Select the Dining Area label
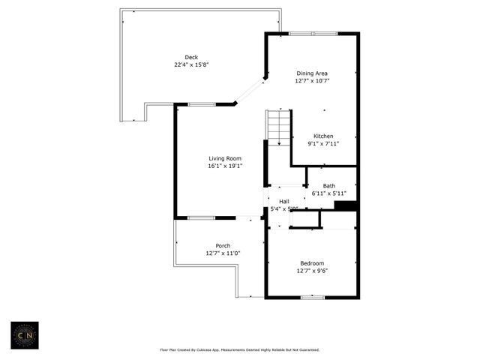click(312, 73)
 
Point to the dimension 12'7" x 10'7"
click(312, 80)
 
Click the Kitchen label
click(323, 136)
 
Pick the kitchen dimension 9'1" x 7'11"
click(323, 143)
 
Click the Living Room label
click(225, 158)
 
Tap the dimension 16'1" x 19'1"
click(225, 166)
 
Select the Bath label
click(329, 185)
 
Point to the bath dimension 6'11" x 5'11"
click(329, 193)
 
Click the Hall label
click(284, 201)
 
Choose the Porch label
click(223, 246)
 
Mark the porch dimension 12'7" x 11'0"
click(223, 253)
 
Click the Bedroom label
click(312, 262)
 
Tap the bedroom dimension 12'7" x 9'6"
click(312, 270)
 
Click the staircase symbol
click(278, 127)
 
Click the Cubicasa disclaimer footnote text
click(240, 349)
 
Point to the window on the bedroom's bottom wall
click(312, 298)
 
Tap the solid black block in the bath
click(344, 206)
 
